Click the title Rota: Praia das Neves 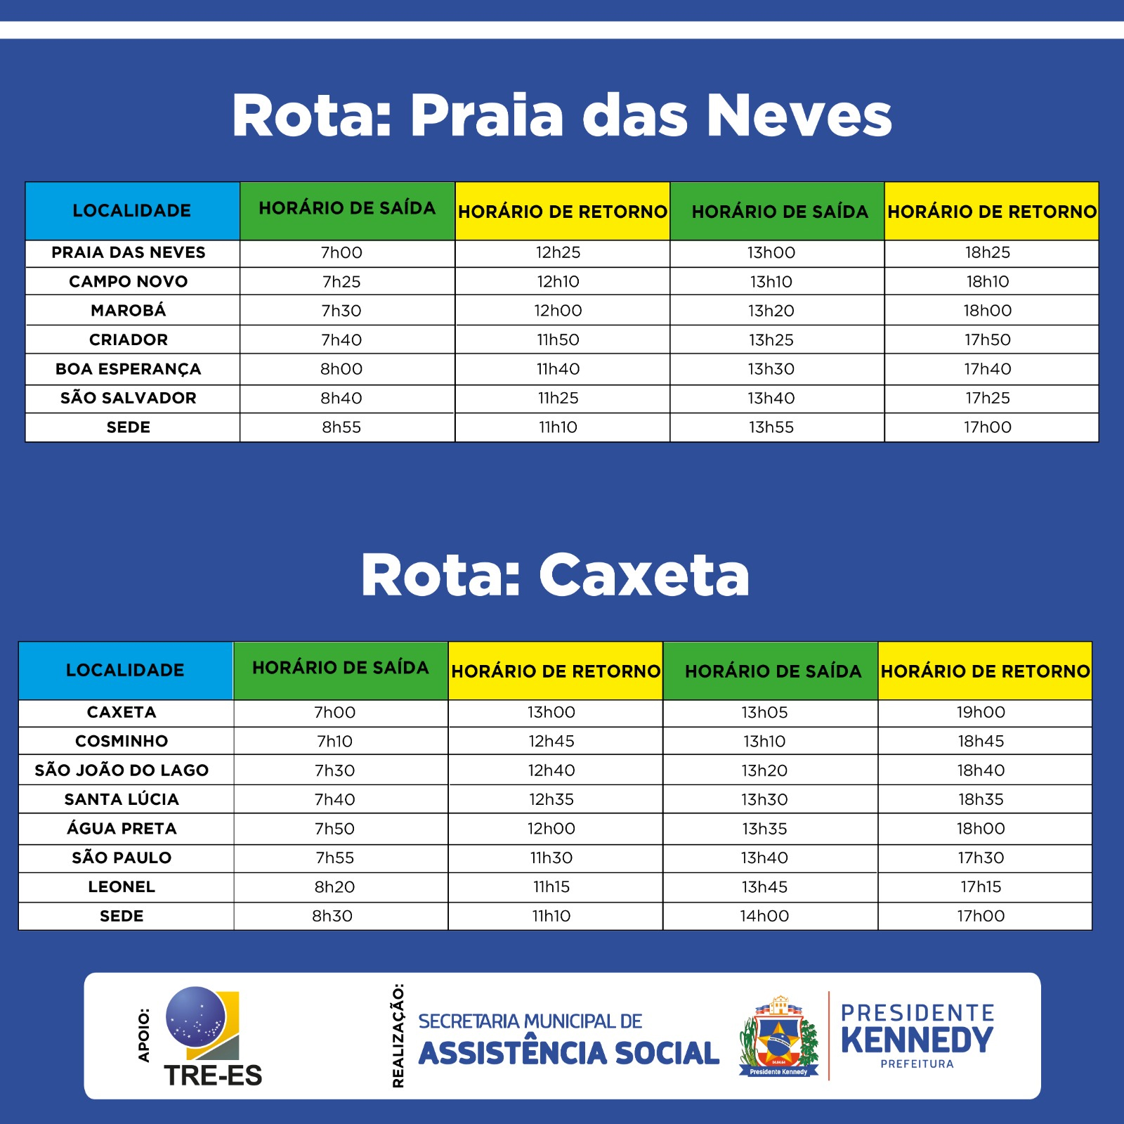tap(561, 115)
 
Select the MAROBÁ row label tap(129, 311)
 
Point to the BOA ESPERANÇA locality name tap(129, 369)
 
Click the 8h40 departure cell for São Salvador tap(341, 399)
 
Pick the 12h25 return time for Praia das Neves tap(558, 252)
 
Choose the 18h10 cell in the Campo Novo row tap(988, 282)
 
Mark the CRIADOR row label tap(129, 340)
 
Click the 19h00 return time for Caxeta tap(981, 712)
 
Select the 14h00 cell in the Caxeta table tap(764, 916)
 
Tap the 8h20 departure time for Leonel tap(334, 887)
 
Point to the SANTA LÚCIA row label tap(122, 799)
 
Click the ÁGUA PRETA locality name tap(122, 829)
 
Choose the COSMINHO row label tap(122, 741)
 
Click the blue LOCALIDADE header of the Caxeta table tap(125, 670)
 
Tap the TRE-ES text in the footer tap(213, 1075)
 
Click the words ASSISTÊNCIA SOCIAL tap(568, 1053)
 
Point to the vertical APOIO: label tap(144, 1035)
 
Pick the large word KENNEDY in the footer tap(917, 1040)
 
